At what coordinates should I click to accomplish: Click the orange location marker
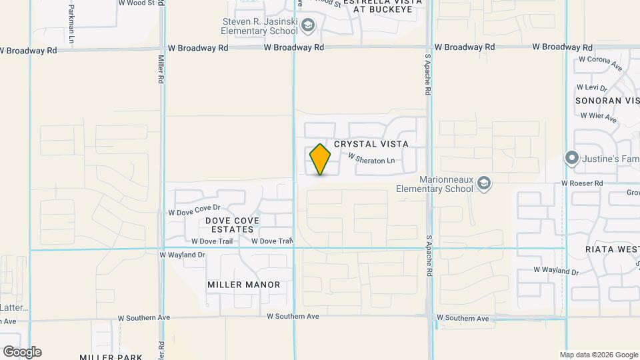coord(321,159)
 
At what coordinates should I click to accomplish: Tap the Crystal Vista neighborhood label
coord(371,144)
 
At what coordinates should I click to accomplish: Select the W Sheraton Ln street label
coord(371,159)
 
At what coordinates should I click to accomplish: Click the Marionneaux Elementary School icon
coord(484,183)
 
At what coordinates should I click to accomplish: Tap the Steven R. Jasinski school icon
coord(307,26)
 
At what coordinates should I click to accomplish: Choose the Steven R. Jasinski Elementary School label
coord(260,26)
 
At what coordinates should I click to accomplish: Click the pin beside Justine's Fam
coord(571,159)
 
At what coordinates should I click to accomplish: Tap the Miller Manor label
coord(244,285)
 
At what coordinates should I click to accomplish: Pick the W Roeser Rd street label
coord(582,183)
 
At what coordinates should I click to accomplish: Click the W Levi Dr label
coord(592,87)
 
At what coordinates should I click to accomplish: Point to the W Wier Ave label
coord(598,117)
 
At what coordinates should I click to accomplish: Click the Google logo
coord(22,352)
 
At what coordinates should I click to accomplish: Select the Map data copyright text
coord(599,355)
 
